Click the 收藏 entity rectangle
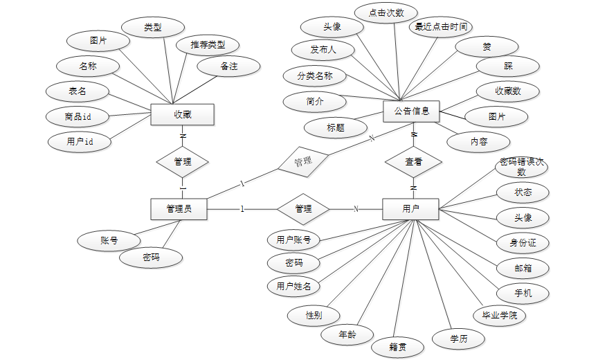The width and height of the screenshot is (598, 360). click(x=182, y=114)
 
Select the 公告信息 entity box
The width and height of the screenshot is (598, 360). click(x=412, y=111)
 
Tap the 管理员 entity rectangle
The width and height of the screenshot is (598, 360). click(x=179, y=209)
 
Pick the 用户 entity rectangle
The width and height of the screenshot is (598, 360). click(x=410, y=208)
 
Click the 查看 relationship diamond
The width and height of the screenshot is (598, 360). click(x=413, y=162)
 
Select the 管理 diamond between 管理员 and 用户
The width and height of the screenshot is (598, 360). click(x=303, y=208)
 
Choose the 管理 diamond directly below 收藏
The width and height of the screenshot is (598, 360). click(x=183, y=162)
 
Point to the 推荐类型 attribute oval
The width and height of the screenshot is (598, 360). click(x=207, y=45)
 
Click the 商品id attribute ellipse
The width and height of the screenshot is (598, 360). click(x=78, y=116)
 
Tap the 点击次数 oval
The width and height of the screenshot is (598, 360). click(x=386, y=12)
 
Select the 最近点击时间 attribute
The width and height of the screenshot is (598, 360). click(x=441, y=28)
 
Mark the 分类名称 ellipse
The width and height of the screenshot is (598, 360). click(x=315, y=75)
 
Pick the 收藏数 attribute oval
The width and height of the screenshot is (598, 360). click(x=508, y=91)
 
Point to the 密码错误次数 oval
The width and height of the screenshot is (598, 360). click(x=522, y=167)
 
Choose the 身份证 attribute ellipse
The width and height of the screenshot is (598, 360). click(x=523, y=242)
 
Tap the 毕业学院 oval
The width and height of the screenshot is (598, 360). click(x=498, y=315)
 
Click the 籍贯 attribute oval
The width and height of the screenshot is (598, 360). click(x=397, y=345)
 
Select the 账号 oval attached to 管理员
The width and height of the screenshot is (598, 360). click(x=109, y=241)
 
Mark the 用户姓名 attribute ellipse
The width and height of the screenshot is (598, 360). click(x=293, y=285)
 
